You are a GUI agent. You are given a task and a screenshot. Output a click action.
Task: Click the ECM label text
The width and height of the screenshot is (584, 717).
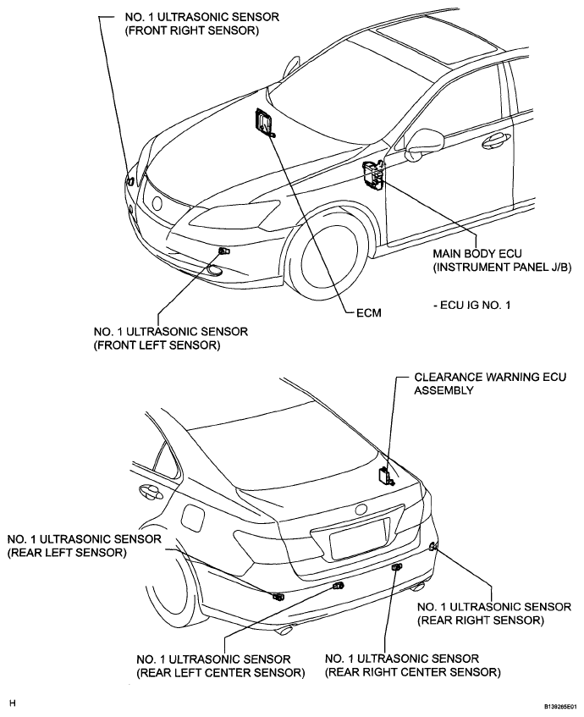click(369, 312)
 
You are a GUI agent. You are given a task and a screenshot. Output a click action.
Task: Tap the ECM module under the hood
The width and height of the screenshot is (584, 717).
click(263, 122)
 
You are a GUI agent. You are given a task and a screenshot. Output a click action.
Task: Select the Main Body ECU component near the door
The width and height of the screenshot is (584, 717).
click(372, 174)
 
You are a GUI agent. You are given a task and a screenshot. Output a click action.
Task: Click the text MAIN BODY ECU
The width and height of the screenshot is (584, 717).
click(477, 253)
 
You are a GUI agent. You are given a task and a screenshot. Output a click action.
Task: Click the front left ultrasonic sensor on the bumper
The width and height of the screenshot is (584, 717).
click(224, 251)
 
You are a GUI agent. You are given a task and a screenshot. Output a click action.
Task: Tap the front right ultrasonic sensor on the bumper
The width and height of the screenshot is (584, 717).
click(130, 180)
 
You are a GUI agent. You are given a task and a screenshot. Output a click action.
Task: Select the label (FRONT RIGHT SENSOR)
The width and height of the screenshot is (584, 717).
click(191, 30)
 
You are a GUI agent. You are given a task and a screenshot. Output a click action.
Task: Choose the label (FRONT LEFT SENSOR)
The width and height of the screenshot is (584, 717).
click(157, 345)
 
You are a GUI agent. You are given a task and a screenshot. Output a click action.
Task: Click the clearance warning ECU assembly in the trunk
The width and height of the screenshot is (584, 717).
click(385, 477)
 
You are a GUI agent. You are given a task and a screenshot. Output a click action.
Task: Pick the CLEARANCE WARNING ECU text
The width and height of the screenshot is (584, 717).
click(490, 377)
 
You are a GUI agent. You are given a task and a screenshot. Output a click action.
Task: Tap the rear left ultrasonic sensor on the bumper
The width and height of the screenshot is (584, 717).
click(278, 596)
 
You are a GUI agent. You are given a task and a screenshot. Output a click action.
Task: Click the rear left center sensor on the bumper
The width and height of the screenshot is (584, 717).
click(339, 586)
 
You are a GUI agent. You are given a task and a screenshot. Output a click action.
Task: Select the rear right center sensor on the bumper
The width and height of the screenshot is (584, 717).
click(396, 567)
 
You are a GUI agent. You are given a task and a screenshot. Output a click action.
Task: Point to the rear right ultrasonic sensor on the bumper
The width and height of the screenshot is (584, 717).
click(433, 546)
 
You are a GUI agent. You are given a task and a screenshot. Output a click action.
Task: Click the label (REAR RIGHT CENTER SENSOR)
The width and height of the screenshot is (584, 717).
click(412, 672)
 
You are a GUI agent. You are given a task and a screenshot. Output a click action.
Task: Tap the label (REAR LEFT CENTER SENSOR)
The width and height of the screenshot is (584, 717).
click(220, 673)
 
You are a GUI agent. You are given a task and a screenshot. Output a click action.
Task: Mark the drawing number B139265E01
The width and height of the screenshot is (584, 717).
click(563, 706)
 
